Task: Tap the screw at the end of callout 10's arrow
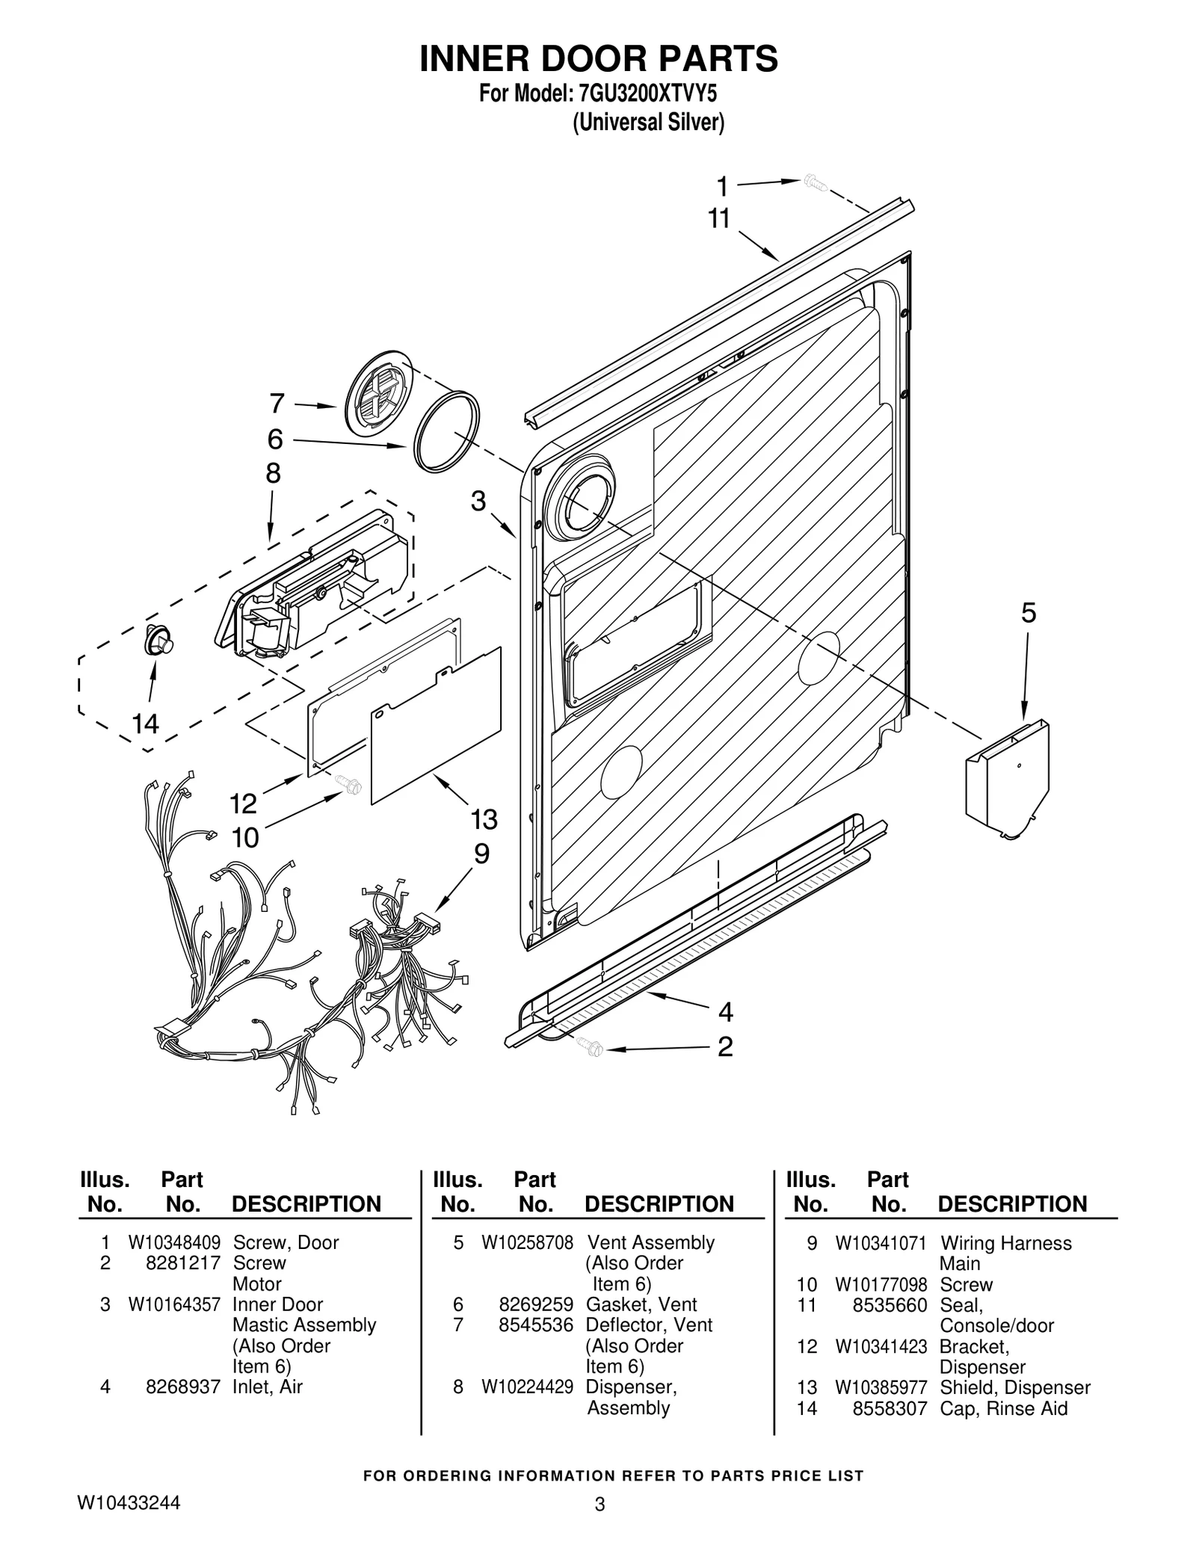click(x=350, y=784)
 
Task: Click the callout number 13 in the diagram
click(x=484, y=819)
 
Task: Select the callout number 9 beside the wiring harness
click(x=481, y=854)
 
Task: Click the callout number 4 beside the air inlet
click(x=725, y=1013)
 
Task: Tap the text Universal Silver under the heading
click(x=648, y=122)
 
